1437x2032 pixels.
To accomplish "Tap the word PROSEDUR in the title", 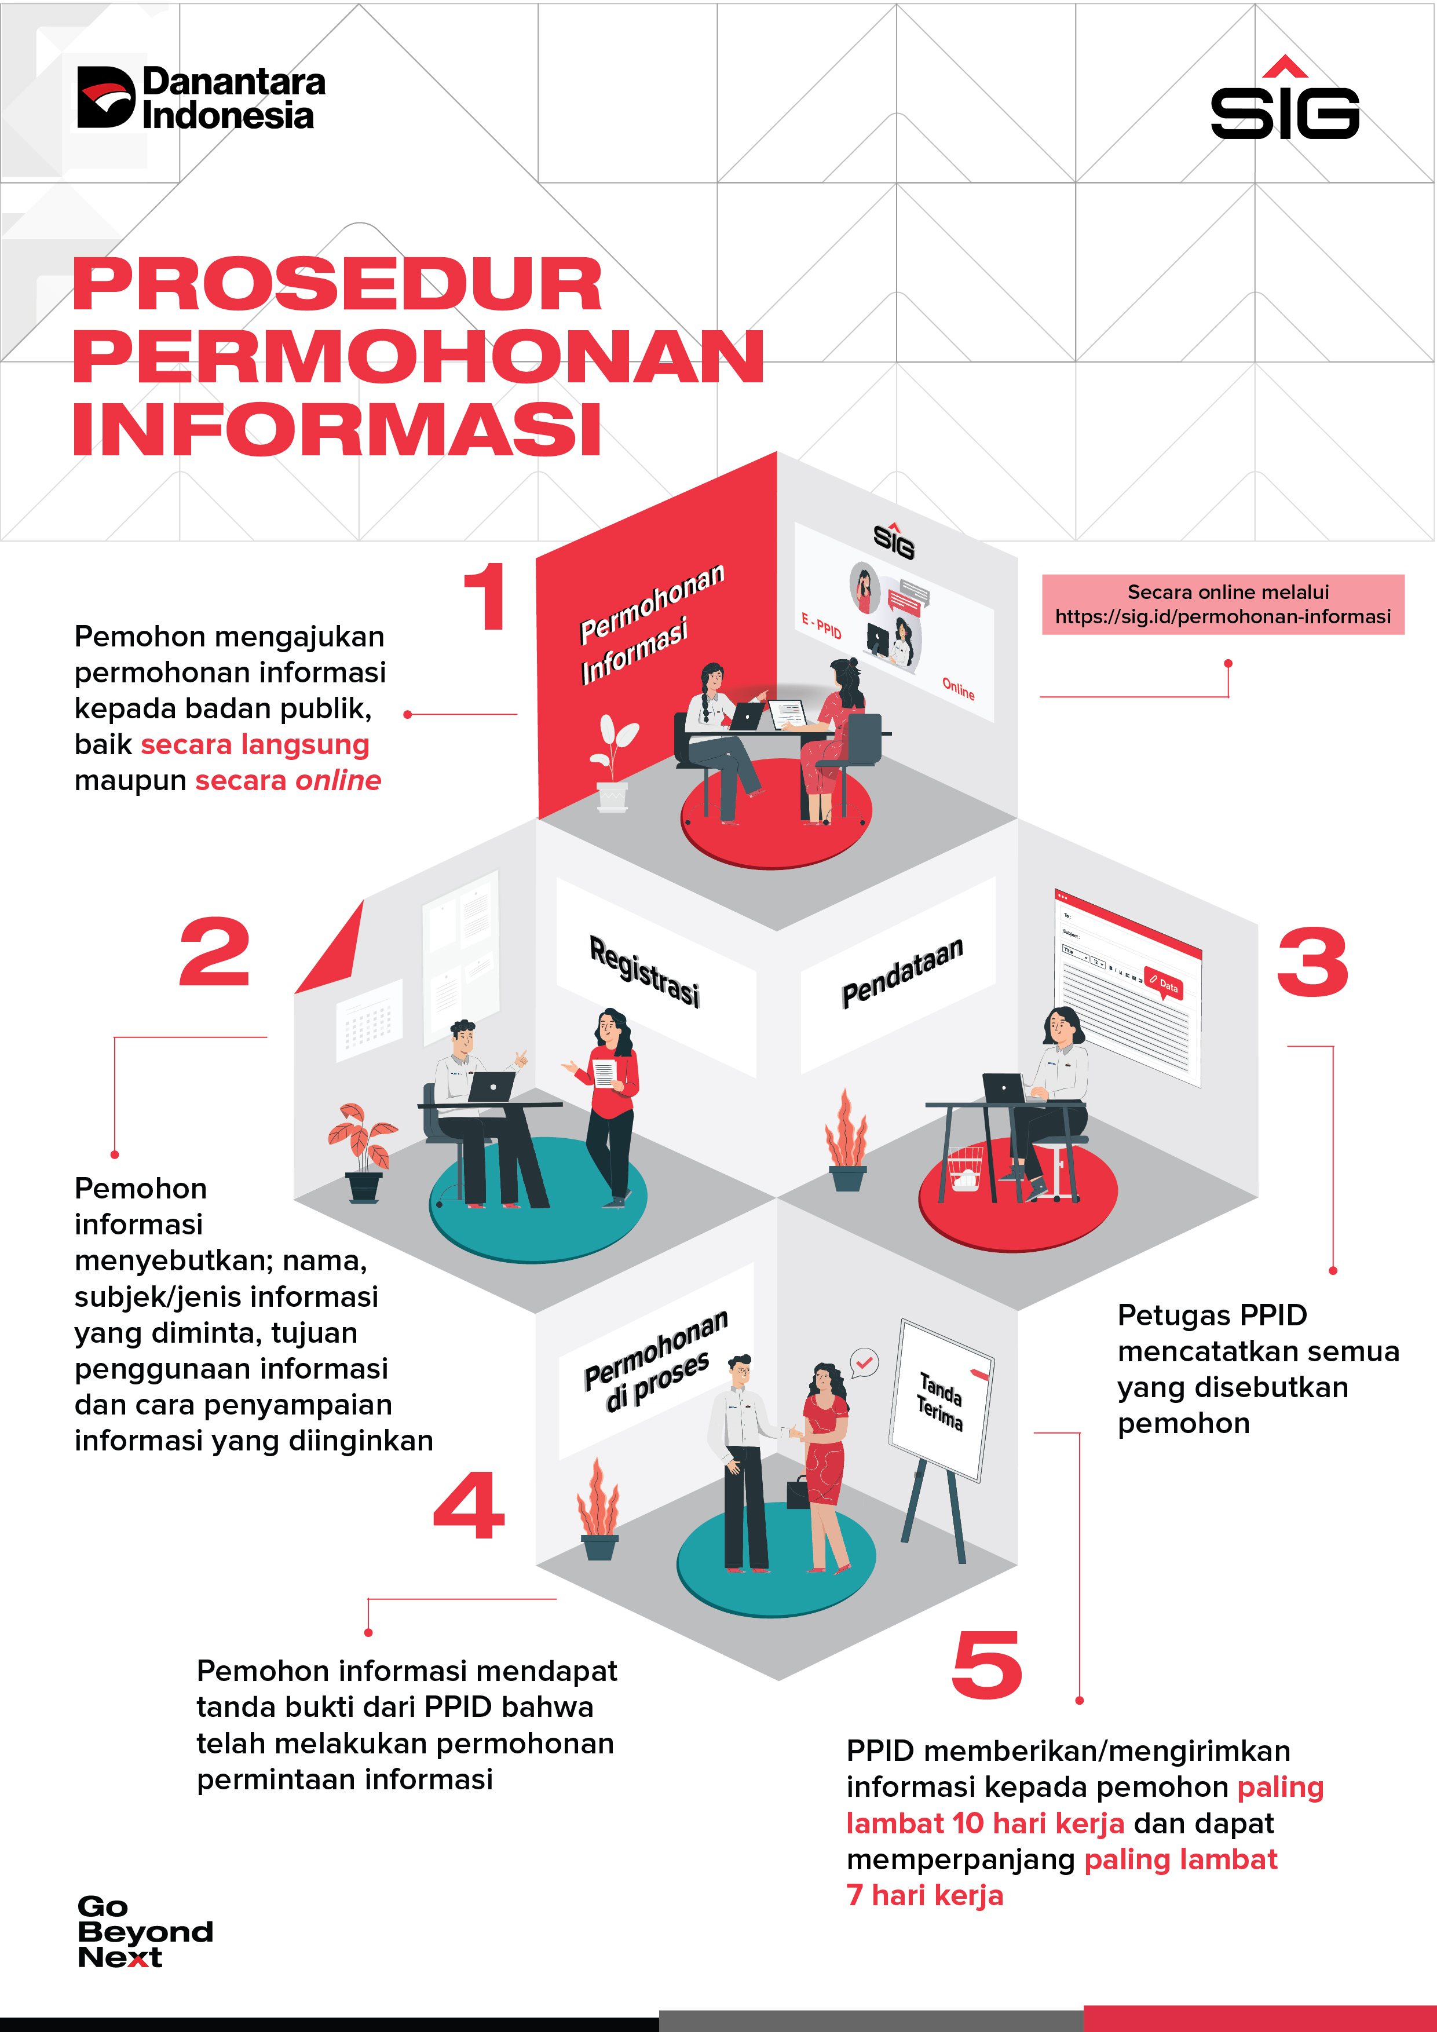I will point(337,285).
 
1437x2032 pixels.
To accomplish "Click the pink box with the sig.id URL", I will point(1222,605).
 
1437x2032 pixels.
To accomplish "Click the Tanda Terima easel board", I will point(941,1400).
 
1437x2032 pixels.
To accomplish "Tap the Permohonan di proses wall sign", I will point(655,1361).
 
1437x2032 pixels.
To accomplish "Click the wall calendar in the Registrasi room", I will point(368,1021).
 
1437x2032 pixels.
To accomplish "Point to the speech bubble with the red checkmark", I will point(865,1362).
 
